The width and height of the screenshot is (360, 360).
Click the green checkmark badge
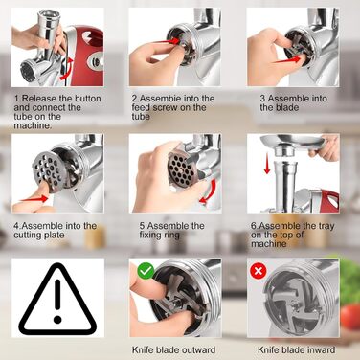pyautogui.click(x=146, y=271)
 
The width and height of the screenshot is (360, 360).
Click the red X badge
pyautogui.click(x=259, y=271)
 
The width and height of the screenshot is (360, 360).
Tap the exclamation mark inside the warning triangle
pyautogui.click(x=57, y=300)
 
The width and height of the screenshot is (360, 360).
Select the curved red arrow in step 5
pyautogui.click(x=208, y=192)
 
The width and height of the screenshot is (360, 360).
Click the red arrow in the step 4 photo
pyautogui.click(x=34, y=199)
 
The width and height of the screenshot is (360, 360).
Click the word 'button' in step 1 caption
pyautogui.click(x=86, y=99)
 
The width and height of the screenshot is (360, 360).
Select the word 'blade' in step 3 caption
pyautogui.click(x=281, y=107)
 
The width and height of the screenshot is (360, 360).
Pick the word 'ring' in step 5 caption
pyautogui.click(x=172, y=236)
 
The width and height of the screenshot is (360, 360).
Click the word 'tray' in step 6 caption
pyautogui.click(x=326, y=226)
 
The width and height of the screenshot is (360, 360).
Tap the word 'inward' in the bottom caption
pyautogui.click(x=321, y=349)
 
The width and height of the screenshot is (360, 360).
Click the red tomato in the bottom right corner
pyautogui.click(x=350, y=316)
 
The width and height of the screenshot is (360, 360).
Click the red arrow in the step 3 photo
pyautogui.click(x=287, y=59)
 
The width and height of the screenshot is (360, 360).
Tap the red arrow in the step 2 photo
pyautogui.click(x=167, y=41)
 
